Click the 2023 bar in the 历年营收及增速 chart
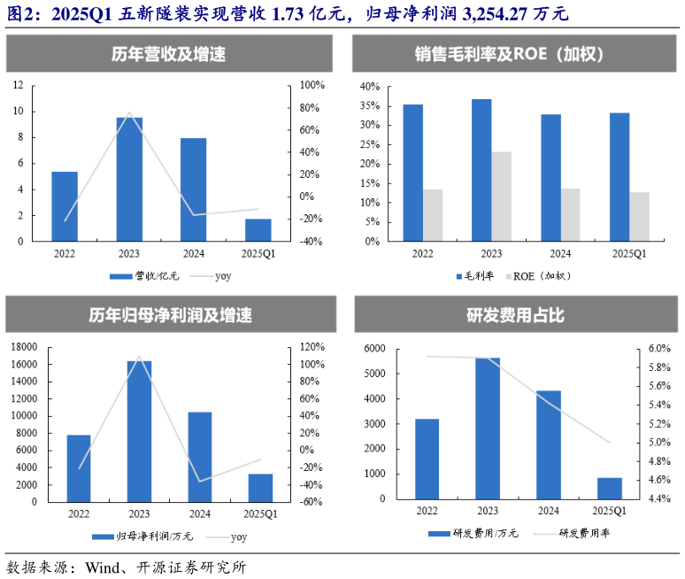click(129, 179)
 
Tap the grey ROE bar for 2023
click(502, 197)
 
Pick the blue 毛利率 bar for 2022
click(412, 173)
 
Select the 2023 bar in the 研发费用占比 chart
click(488, 428)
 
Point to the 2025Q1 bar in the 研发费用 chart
click(610, 489)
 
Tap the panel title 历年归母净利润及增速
click(170, 315)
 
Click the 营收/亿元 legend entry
click(145, 276)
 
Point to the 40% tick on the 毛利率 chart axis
click(369, 88)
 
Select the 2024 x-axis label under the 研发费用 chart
click(549, 511)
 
